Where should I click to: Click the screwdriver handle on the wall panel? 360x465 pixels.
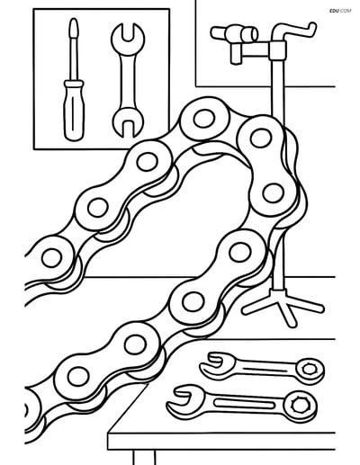74,111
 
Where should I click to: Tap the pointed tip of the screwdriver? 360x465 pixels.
74,20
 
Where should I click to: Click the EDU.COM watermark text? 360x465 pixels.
340,11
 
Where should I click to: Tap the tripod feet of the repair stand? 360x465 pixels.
283,307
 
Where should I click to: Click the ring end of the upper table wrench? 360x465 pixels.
310,369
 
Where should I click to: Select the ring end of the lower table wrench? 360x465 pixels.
300,407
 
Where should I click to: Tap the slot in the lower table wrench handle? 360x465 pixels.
245,404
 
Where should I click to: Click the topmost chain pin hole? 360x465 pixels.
204,119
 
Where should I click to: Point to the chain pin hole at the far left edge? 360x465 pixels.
52,258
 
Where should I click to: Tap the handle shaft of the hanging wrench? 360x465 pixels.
128,82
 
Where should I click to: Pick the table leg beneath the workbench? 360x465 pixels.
144,458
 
